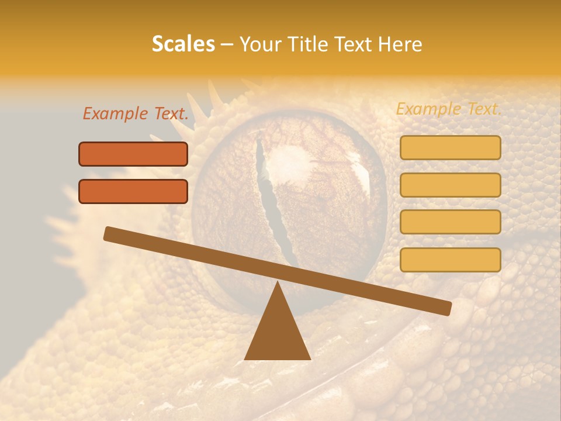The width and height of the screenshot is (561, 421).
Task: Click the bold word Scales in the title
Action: point(183,44)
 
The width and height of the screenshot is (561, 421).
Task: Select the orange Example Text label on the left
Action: point(136,113)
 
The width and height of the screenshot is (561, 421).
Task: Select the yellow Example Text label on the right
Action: point(449,109)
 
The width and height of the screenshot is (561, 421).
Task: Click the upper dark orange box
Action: point(133,154)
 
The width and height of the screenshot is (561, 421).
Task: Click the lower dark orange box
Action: point(133,191)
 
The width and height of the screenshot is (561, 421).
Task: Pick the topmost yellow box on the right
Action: point(450,147)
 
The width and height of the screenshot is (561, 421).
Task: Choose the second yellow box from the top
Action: point(450,185)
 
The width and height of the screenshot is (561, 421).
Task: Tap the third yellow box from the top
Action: point(450,222)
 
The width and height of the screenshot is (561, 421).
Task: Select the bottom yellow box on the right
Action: point(450,260)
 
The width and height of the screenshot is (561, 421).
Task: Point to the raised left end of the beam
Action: point(109,233)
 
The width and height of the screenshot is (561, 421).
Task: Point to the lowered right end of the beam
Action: point(446,308)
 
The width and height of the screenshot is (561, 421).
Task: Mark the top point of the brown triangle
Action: point(278,283)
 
